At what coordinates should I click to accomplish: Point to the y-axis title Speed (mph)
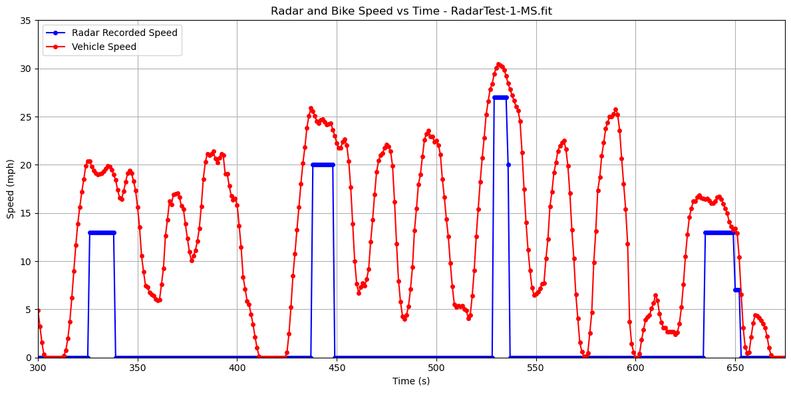[x=11, y=189]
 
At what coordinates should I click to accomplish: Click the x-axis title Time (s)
[x=411, y=381]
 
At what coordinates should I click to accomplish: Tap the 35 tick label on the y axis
[x=27, y=21]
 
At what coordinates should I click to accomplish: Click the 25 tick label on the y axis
[x=27, y=117]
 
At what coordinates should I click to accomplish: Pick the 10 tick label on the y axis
[x=27, y=261]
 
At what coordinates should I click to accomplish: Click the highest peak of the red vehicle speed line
[x=499, y=65]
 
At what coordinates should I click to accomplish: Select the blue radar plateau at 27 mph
[x=500, y=97]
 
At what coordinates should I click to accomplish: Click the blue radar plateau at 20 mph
[x=323, y=165]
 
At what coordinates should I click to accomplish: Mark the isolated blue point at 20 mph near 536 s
[x=508, y=165]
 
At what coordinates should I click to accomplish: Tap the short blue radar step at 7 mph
[x=737, y=290]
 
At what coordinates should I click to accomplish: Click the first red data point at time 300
[x=38, y=310]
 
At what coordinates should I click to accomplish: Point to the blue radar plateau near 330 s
[x=101, y=232]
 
